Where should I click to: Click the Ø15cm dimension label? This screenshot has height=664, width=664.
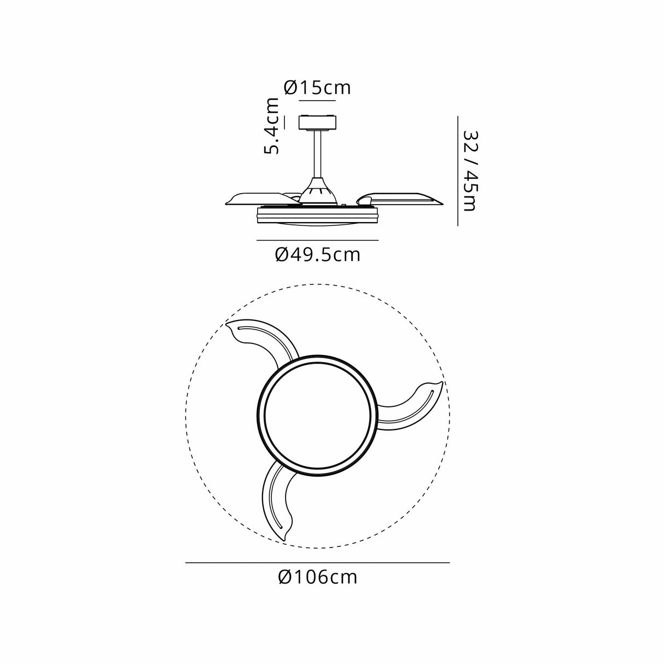(x=317, y=88)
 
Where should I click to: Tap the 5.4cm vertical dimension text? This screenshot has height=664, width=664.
(x=272, y=126)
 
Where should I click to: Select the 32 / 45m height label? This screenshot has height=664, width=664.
(x=470, y=170)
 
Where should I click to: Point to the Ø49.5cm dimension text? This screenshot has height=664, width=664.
(x=317, y=254)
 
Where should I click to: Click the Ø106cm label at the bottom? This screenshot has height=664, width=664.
(x=317, y=576)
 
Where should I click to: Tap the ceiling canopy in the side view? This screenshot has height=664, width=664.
(x=317, y=122)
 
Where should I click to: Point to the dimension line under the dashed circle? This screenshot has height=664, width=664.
(x=317, y=562)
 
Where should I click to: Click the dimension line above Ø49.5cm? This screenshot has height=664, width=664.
(x=317, y=240)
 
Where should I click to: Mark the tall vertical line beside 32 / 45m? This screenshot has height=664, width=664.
(x=458, y=170)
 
